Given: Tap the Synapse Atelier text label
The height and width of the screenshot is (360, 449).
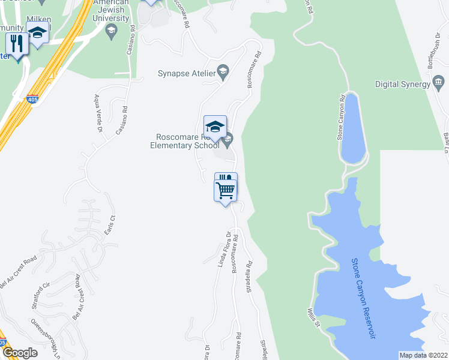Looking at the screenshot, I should pyautogui.click(x=185, y=74).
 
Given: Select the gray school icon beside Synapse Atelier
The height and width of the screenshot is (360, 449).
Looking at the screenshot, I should pyautogui.click(x=222, y=73).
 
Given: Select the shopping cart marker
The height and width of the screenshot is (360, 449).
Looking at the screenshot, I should pyautogui.click(x=226, y=191).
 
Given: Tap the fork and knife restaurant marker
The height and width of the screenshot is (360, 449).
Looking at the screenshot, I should pyautogui.click(x=16, y=44).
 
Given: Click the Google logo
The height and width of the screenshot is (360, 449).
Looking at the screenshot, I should pyautogui.click(x=20, y=353).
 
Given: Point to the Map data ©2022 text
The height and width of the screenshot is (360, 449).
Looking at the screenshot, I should pyautogui.click(x=423, y=355).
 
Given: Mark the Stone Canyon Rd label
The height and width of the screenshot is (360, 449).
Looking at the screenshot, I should pyautogui.click(x=342, y=116).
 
